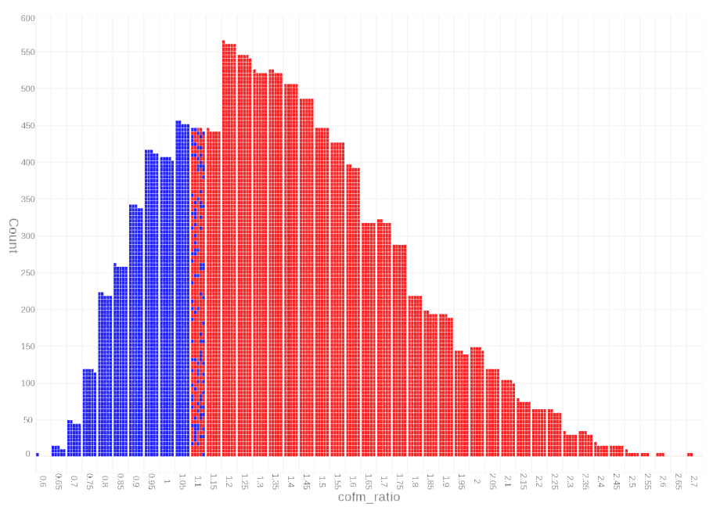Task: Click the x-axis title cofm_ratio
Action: coord(368,497)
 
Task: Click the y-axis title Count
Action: coord(13,236)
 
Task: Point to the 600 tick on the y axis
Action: coord(27,18)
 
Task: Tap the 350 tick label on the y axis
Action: coord(27,200)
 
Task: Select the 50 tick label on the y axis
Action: coord(29,420)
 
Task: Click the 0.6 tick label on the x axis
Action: coord(42,478)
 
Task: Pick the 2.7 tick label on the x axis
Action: coord(694,478)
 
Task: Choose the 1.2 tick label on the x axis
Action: coord(229,478)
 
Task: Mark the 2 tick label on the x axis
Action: coord(477,478)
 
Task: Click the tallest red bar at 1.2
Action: coord(229,250)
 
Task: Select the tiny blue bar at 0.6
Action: coord(37,455)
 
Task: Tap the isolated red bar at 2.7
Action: coord(690,455)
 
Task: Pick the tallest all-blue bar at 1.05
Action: coord(182,289)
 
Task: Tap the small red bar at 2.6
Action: coord(660,455)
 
